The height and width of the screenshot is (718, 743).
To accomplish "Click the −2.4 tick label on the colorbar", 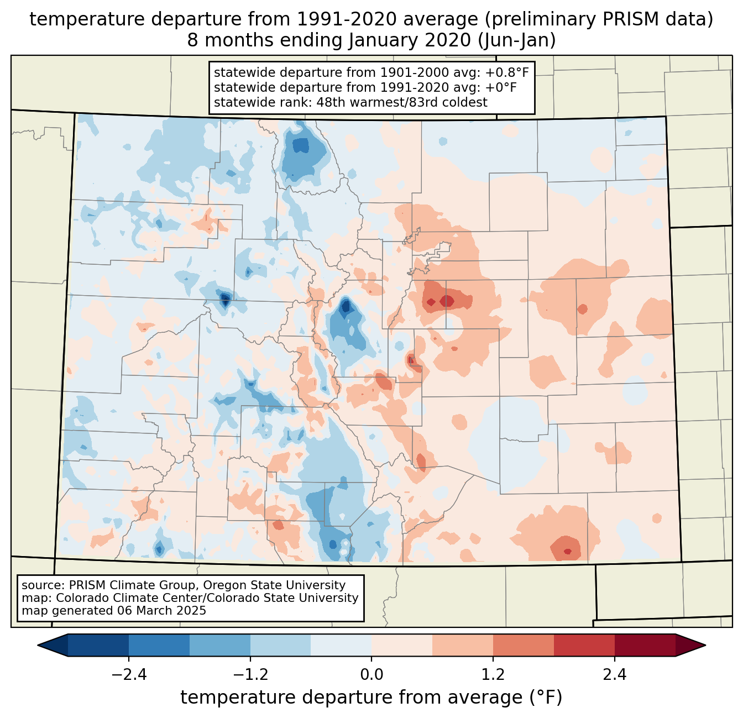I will click(128, 675).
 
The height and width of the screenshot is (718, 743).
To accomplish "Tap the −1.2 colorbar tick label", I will click(250, 675).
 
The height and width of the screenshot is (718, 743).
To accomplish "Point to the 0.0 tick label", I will click(371, 675).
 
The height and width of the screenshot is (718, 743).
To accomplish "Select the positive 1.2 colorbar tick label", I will click(493, 675).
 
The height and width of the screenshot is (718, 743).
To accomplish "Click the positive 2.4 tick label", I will click(615, 675).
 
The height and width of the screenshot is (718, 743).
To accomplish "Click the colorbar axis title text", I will click(371, 698).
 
